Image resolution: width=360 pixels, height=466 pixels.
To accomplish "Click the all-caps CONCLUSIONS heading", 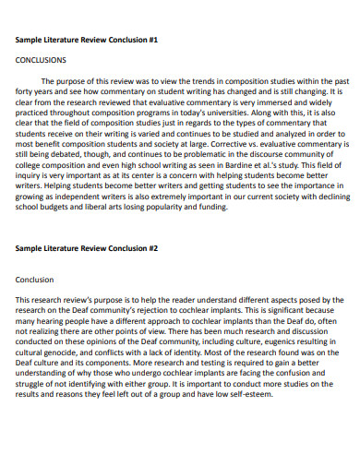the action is click(x=42, y=58).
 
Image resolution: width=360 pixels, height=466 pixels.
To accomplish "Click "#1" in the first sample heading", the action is click(x=152, y=40).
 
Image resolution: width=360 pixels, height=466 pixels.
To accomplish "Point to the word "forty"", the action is click(x=28, y=93).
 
